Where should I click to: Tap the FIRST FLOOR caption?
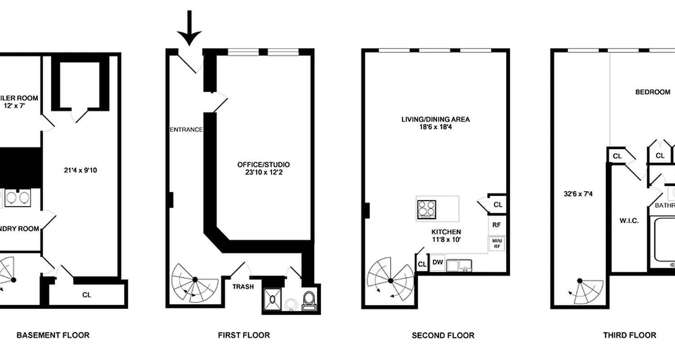(x=244, y=335)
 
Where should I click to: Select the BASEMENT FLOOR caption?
(x=53, y=335)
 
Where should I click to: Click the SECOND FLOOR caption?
(x=443, y=335)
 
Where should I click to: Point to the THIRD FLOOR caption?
(x=630, y=335)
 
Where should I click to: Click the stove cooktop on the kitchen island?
(x=427, y=209)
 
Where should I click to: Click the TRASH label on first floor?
(x=243, y=287)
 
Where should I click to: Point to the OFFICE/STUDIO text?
(x=263, y=165)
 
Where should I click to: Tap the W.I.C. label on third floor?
(x=630, y=221)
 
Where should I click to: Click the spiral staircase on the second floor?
(x=390, y=279)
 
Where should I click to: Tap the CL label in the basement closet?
(x=87, y=295)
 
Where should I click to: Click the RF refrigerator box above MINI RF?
(x=497, y=225)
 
